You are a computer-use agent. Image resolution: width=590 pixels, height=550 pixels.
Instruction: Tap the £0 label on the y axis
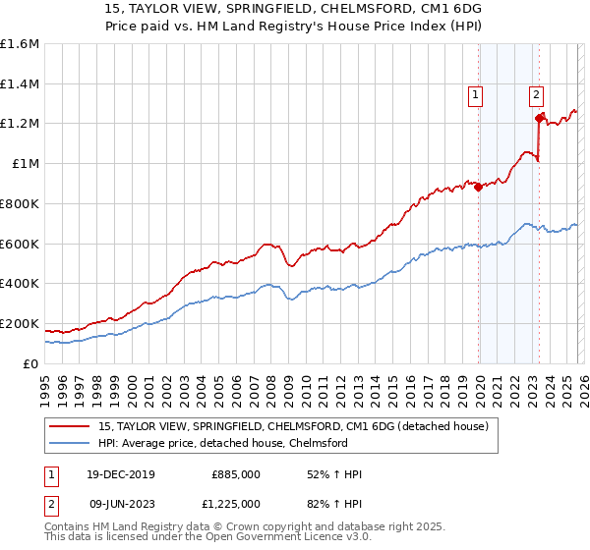31,363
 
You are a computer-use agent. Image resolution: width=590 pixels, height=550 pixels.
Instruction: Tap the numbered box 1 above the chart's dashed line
476,95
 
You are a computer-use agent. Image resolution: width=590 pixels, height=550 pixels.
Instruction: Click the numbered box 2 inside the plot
536,95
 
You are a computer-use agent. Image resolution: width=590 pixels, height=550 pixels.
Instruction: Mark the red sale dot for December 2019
479,187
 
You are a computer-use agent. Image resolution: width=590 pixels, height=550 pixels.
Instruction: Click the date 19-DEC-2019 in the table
118,474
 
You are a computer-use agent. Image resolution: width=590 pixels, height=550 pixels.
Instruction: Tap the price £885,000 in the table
235,474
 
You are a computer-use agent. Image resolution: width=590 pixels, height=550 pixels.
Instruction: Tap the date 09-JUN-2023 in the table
118,503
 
